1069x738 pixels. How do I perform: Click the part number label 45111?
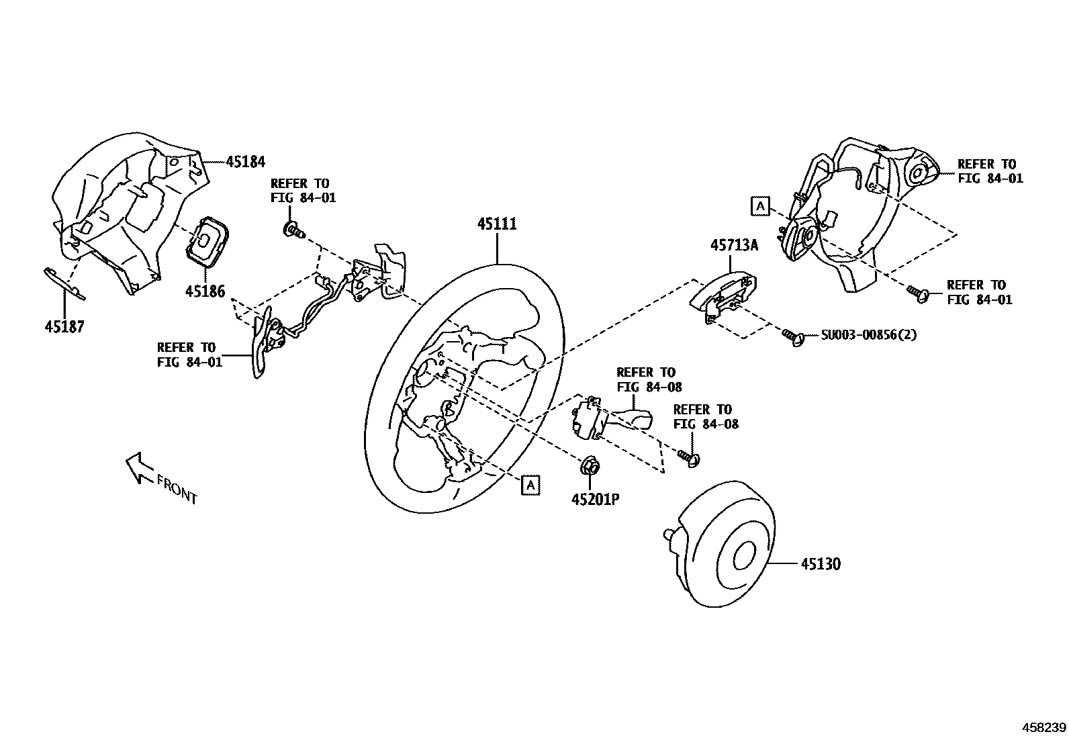pos(497,224)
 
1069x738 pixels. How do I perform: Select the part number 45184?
pos(245,162)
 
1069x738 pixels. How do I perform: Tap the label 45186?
pos(205,291)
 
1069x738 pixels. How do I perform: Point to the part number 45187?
pos(64,326)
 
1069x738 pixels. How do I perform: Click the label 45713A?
pos(734,246)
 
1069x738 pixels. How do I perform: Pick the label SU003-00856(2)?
pos(868,334)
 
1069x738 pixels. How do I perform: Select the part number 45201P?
pos(595,499)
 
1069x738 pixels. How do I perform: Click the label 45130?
pos(820,563)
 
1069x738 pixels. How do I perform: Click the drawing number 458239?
pos(1043,727)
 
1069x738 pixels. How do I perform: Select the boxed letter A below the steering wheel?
pos(530,484)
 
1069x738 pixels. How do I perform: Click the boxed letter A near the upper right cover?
pos(759,205)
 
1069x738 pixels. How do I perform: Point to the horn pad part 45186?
pos(206,239)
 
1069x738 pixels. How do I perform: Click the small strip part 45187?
pos(64,283)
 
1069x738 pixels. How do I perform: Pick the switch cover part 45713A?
pos(725,295)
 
